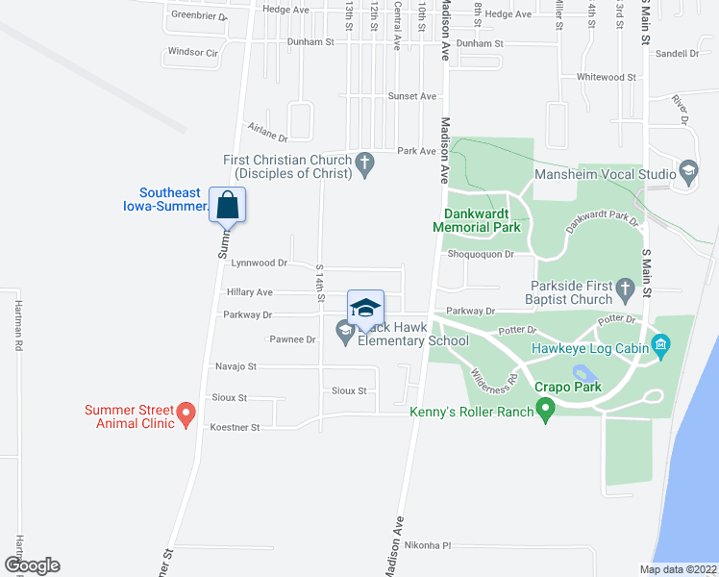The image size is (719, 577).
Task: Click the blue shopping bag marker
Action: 228,205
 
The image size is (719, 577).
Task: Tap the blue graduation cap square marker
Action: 365,307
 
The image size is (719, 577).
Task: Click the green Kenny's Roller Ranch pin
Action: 546,413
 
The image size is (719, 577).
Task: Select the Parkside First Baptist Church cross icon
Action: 625,288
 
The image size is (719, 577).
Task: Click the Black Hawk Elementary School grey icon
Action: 344,332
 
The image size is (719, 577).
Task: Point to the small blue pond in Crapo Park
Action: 583,371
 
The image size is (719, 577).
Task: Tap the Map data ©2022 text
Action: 677,569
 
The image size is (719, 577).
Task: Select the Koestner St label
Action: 235,427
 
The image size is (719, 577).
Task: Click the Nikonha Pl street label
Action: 428,545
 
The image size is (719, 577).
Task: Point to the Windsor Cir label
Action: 194,52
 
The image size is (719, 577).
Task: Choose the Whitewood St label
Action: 607,77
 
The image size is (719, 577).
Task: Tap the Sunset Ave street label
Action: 411,96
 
